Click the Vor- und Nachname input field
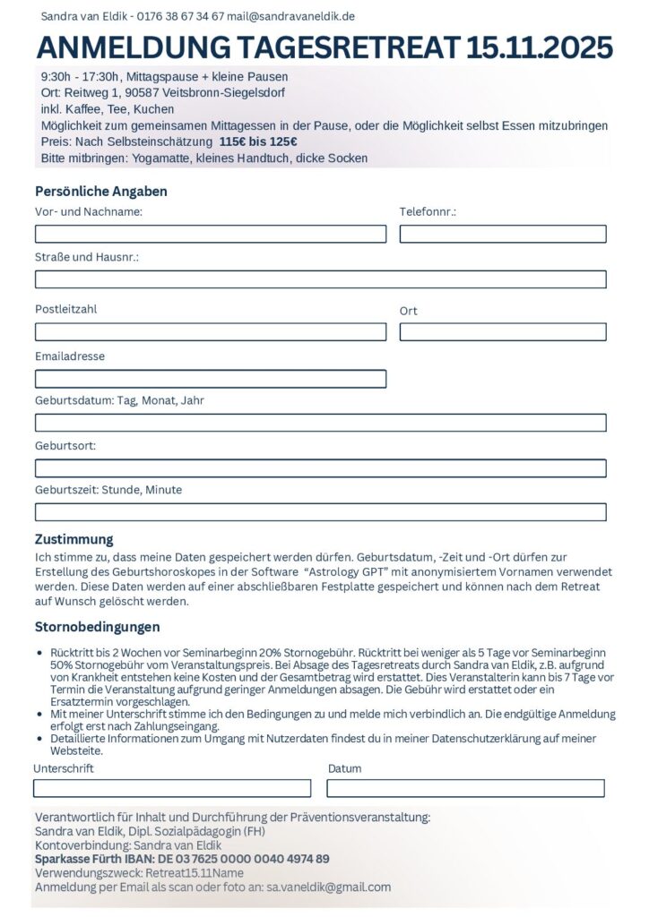211,234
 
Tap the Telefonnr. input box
503,234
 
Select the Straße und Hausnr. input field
320,279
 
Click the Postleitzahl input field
211,331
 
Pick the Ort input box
503,331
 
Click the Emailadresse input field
211,379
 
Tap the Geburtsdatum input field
320,423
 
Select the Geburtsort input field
320,467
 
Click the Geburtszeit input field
320,512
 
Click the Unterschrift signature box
172,788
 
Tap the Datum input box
465,788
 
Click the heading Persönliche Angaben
101,191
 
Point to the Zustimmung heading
74,539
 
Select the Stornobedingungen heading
98,627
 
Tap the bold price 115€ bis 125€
258,142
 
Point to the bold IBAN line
182,859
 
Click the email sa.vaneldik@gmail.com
329,887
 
